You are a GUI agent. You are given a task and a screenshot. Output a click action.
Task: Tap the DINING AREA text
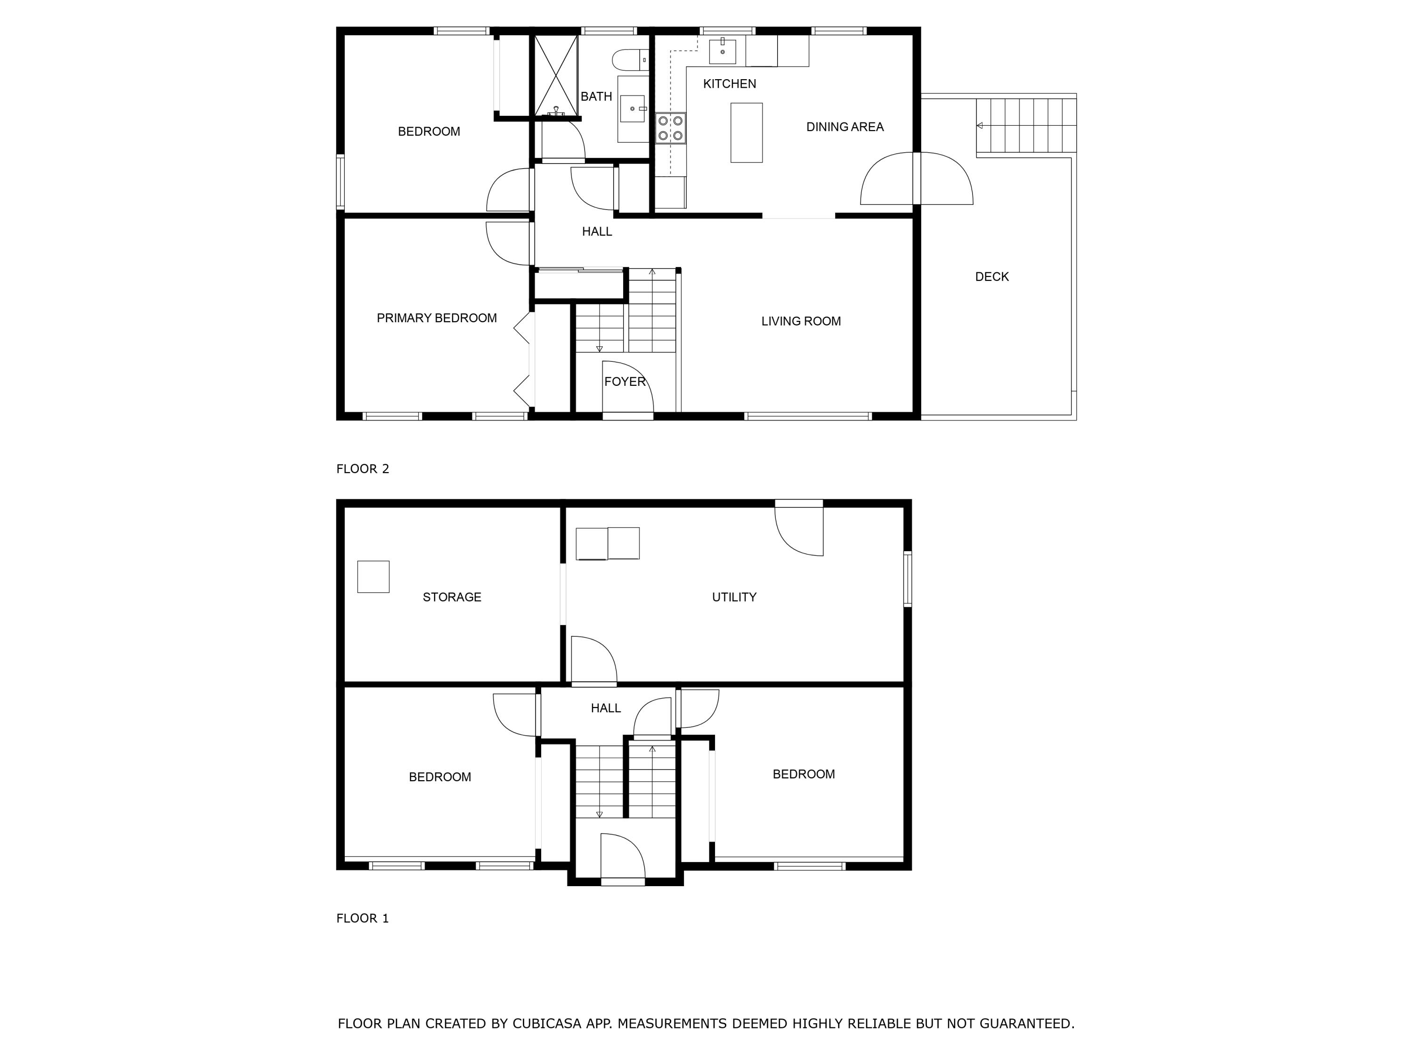click(845, 127)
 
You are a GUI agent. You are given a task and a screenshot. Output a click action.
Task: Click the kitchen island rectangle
click(746, 133)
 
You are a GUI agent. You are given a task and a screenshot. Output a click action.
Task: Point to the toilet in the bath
click(629, 60)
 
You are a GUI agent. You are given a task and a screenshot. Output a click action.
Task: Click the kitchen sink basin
click(723, 51)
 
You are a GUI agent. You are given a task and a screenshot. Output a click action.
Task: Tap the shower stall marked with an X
click(555, 75)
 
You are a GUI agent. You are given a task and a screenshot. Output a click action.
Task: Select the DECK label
click(991, 277)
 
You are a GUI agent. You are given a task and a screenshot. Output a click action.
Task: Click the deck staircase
click(1026, 126)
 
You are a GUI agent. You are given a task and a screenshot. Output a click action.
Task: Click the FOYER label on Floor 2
click(625, 382)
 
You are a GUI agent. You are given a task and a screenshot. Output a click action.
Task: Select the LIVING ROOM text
click(800, 321)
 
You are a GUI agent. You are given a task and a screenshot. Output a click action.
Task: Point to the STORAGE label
click(452, 597)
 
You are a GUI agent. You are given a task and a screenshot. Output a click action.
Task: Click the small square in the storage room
click(373, 577)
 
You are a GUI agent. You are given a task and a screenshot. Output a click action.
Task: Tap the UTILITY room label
click(734, 597)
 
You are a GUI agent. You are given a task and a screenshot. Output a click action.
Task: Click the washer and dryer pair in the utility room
click(608, 543)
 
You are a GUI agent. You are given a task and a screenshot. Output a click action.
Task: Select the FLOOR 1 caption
click(362, 918)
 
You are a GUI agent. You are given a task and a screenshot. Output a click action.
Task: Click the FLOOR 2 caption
click(362, 469)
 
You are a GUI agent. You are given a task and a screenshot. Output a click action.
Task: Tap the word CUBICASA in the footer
click(546, 1024)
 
